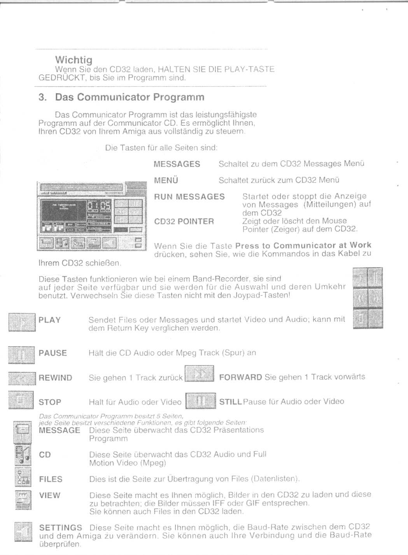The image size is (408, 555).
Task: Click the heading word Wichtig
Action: click(x=74, y=60)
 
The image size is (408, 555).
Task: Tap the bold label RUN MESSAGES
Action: click(x=189, y=197)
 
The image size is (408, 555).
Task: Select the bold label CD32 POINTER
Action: click(x=184, y=221)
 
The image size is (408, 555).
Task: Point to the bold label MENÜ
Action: click(x=166, y=181)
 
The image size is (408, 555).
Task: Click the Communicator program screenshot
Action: click(x=91, y=216)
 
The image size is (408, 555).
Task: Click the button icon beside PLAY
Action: click(x=22, y=322)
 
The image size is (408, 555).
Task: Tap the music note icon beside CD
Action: click(x=22, y=456)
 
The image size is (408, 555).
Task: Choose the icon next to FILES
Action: click(x=22, y=478)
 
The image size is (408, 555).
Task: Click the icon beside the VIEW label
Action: click(x=22, y=499)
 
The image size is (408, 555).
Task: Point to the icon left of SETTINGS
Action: click(x=22, y=532)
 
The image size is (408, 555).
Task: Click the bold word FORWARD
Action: click(x=240, y=377)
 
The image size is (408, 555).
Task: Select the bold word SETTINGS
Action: click(x=61, y=528)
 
